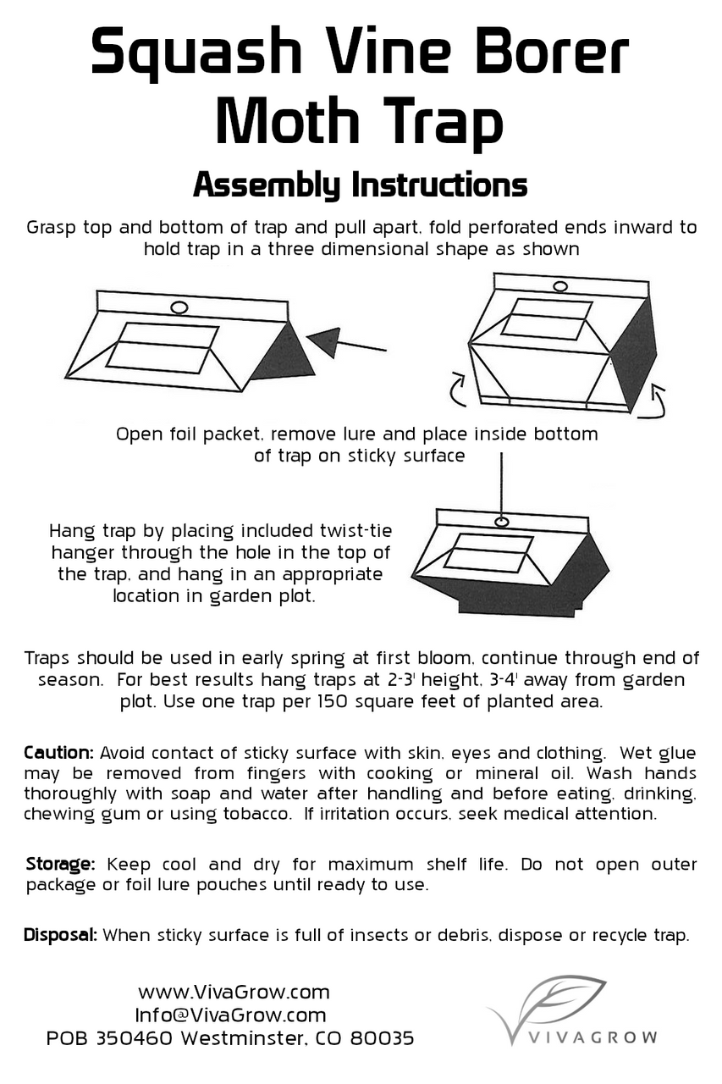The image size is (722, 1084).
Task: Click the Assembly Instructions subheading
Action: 360,185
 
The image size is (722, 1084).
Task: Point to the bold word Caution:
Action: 58,753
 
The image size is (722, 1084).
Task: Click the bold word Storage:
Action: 59,865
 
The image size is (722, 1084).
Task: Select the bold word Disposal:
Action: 61,936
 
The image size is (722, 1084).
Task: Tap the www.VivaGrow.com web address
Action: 234,992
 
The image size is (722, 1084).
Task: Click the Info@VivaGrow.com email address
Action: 230,1015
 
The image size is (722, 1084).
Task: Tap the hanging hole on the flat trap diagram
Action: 179,307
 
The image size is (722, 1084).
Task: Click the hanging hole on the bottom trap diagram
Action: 501,522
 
